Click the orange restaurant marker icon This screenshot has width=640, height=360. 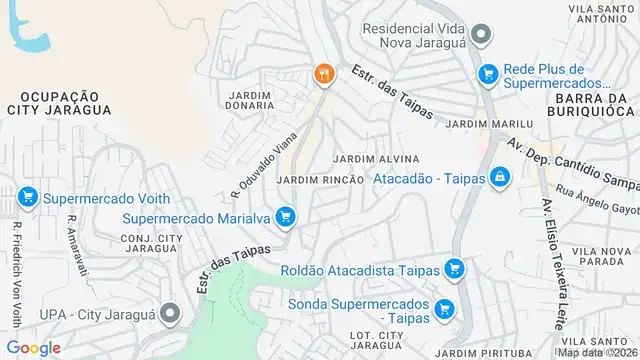coord(322,74)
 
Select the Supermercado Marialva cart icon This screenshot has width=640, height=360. coord(286,216)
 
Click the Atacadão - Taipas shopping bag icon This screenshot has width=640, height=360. coord(498,178)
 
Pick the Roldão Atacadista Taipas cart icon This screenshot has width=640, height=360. coord(455,268)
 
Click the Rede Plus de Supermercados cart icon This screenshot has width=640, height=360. coord(488,74)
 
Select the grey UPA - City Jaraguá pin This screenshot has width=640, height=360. coord(171,314)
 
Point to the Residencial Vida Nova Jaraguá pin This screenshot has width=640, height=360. coord(481,36)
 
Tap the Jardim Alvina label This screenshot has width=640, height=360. coord(374,159)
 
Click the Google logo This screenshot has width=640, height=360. coord(32,347)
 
